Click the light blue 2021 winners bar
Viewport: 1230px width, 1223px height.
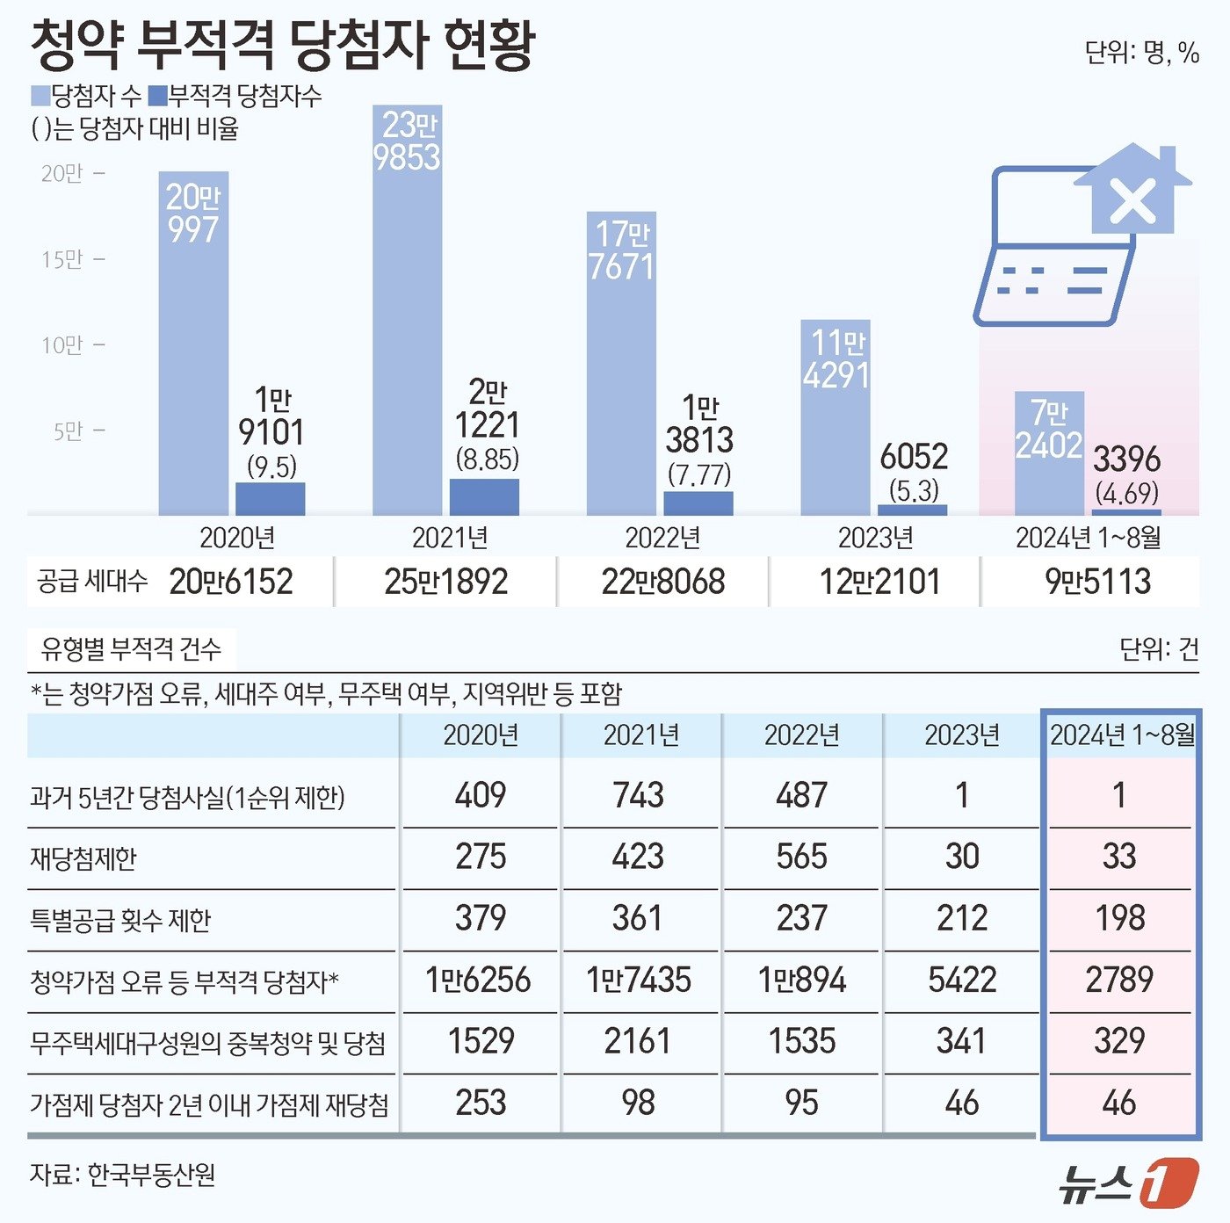(407, 334)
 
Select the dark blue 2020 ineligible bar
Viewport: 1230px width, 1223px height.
(271, 499)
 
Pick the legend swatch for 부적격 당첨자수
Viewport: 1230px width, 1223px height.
(158, 96)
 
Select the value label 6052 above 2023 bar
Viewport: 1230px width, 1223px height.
(914, 457)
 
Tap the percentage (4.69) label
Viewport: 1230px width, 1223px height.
(1126, 493)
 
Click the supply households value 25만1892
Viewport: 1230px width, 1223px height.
(446, 582)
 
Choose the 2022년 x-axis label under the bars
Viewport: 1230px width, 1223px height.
(662, 538)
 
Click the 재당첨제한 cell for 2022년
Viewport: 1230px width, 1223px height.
(801, 857)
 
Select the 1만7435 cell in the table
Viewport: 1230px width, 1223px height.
(639, 980)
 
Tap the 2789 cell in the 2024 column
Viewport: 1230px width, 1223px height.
(1119, 980)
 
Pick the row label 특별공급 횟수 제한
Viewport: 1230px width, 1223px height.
(120, 920)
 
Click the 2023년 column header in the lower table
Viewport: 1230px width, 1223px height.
(962, 735)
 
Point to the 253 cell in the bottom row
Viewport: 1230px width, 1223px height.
(481, 1103)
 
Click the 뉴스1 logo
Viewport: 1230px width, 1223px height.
(1127, 1183)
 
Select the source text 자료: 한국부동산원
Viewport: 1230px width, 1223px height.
(123, 1175)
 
